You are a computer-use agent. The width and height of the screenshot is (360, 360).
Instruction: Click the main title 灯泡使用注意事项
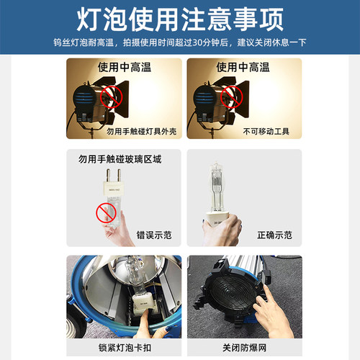tap(179, 19)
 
